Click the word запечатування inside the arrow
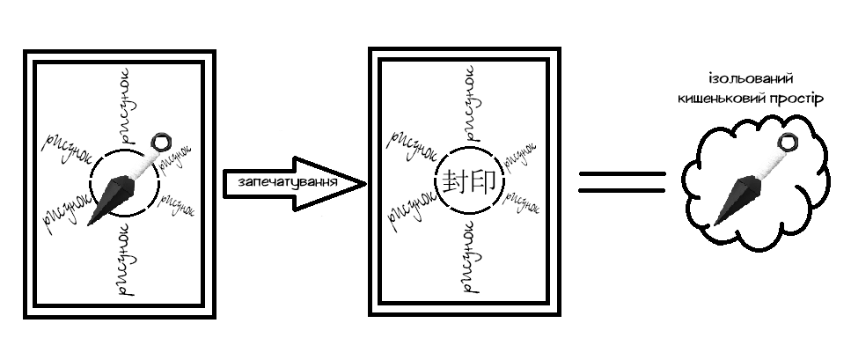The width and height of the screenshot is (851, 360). (x=287, y=183)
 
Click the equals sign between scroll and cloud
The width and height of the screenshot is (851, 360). (x=622, y=182)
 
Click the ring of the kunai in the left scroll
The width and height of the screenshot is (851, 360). (x=161, y=143)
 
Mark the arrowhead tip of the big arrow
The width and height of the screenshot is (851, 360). (x=364, y=183)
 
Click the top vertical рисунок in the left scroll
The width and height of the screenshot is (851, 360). (x=124, y=106)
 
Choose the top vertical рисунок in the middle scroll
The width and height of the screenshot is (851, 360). (x=468, y=103)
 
